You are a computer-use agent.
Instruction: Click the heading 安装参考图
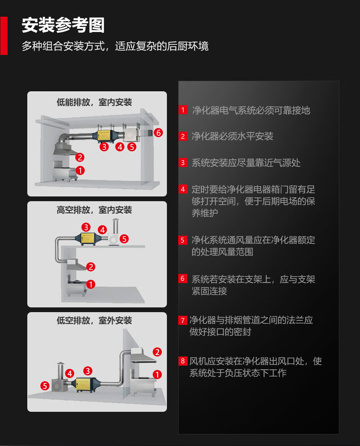click(63, 25)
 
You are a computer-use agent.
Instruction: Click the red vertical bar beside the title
click(4, 36)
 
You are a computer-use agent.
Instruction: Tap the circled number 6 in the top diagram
click(158, 133)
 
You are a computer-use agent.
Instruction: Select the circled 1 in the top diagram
click(80, 170)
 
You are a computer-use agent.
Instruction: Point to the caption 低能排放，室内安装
click(94, 102)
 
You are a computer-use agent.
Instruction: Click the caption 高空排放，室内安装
click(94, 210)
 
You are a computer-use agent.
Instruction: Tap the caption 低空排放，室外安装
click(94, 320)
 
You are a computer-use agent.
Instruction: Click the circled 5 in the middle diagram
click(124, 239)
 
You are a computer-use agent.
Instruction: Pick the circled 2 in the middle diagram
click(91, 267)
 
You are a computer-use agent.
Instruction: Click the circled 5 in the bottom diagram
click(45, 386)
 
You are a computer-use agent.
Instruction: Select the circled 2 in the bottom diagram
click(157, 352)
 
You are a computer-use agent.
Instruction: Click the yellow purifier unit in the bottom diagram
click(86, 383)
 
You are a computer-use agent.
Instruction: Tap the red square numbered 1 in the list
click(183, 109)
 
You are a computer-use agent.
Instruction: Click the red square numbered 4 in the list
click(183, 189)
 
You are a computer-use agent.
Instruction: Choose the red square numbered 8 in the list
click(183, 361)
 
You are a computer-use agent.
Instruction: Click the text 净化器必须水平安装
click(232, 136)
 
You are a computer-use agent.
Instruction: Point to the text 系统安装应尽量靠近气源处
click(246, 163)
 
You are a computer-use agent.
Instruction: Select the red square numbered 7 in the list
click(183, 320)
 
